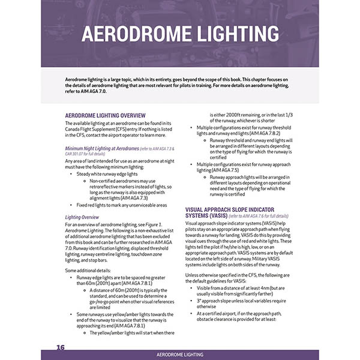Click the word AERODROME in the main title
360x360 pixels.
tap(139, 35)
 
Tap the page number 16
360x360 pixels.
tap(61, 347)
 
